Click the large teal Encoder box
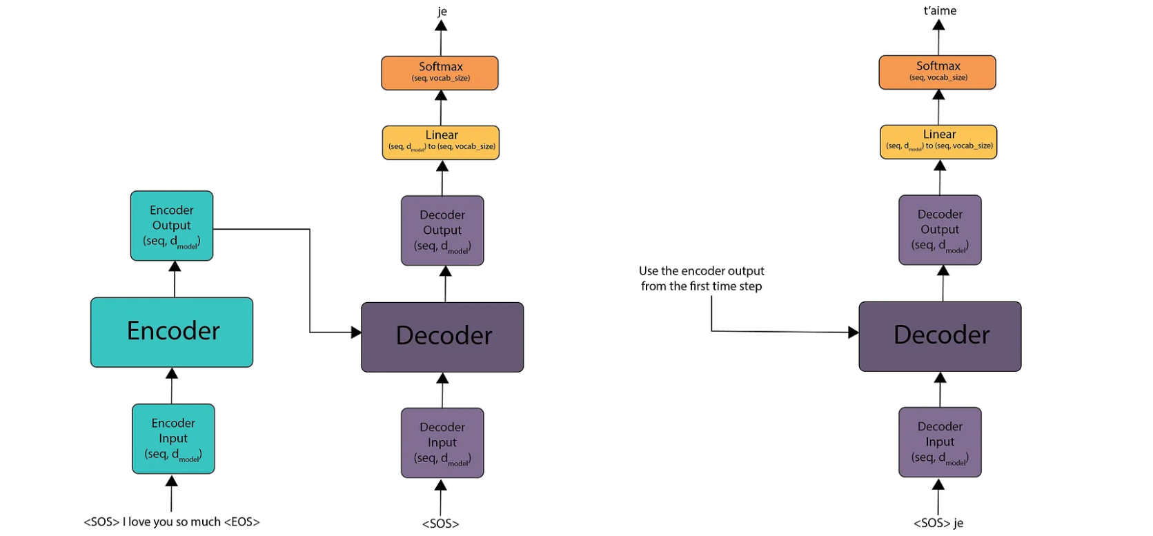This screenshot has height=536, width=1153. tap(172, 332)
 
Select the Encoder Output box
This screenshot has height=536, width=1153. tap(172, 226)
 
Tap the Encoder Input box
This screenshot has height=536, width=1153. tap(173, 439)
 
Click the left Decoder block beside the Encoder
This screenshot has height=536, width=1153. tap(442, 337)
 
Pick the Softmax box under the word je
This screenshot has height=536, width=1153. tap(440, 72)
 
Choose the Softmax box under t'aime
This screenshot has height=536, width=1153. tap(937, 72)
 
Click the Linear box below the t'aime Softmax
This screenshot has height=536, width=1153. tap(938, 141)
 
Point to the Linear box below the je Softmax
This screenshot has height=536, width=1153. tap(441, 142)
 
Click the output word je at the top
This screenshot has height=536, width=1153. tap(442, 11)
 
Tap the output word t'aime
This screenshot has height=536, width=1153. tap(940, 10)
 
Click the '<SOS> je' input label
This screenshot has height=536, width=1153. tap(938, 523)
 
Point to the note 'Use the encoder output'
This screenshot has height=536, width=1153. tap(701, 271)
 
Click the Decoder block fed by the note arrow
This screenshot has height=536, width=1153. tap(940, 336)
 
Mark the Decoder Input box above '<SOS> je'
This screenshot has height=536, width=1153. tap(940, 442)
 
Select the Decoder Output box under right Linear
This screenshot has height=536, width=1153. tap(940, 230)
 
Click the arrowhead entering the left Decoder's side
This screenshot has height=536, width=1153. tap(356, 332)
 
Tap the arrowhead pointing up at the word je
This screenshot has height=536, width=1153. tap(441, 26)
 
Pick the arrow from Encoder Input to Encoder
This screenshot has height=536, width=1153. tap(172, 386)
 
